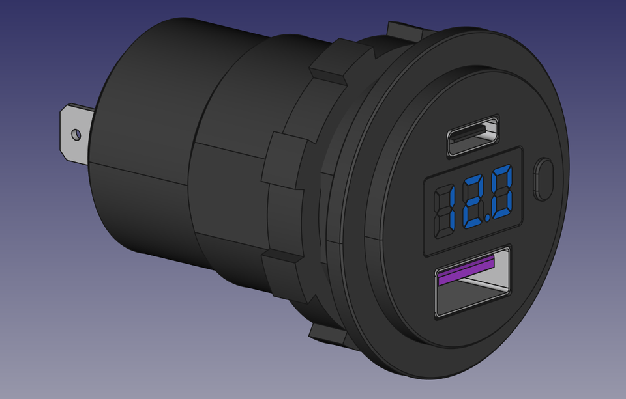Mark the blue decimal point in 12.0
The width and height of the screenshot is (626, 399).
(491, 217)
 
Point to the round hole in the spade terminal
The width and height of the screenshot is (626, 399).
(76, 134)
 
